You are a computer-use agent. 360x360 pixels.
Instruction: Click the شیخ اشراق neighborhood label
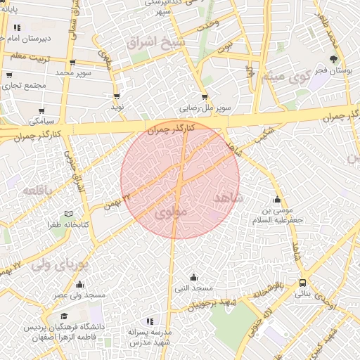point(153,41)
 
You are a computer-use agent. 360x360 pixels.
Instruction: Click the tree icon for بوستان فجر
point(333,59)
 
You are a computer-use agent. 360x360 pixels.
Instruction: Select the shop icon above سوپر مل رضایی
point(205,97)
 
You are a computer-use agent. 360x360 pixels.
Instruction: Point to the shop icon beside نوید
point(117,96)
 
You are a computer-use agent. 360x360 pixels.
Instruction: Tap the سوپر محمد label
point(74,72)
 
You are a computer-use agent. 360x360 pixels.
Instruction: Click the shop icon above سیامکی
point(42,110)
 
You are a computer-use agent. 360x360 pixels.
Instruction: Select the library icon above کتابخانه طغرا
point(68,213)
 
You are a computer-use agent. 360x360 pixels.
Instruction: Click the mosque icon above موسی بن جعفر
point(277,199)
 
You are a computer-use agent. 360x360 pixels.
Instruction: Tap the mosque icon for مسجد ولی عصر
point(79,285)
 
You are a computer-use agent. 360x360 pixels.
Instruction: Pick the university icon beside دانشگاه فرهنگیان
point(64,316)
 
